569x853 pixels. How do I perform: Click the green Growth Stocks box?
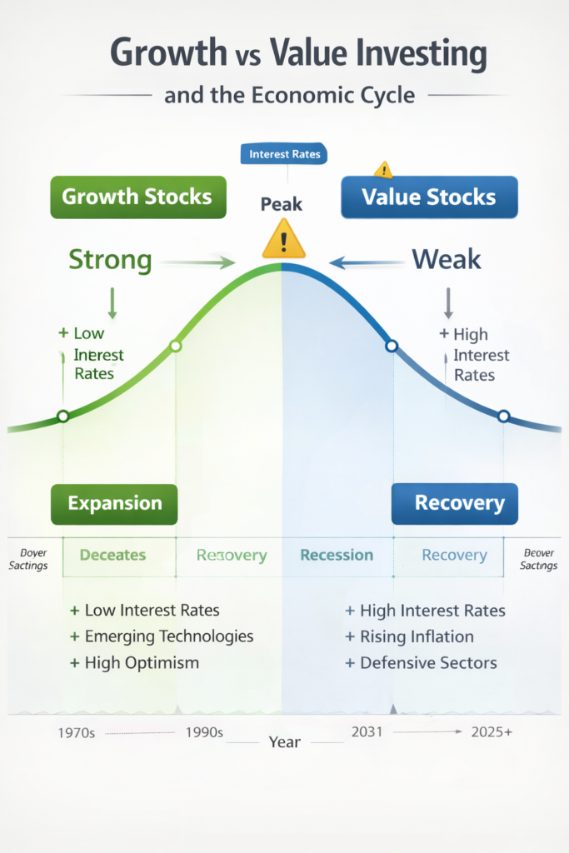pyautogui.click(x=137, y=197)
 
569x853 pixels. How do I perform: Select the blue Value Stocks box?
pyautogui.click(x=429, y=197)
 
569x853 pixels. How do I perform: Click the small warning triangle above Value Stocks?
pyautogui.click(x=383, y=170)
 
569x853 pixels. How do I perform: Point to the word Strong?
pyautogui.click(x=110, y=260)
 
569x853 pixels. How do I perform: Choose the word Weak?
pyautogui.click(x=447, y=260)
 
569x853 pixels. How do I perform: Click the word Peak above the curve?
pyautogui.click(x=281, y=204)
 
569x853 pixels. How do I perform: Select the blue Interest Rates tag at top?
pyautogui.click(x=284, y=154)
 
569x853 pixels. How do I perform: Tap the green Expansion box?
pyautogui.click(x=114, y=503)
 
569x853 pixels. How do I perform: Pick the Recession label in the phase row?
pyautogui.click(x=337, y=555)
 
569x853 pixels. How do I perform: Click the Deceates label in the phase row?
pyautogui.click(x=112, y=555)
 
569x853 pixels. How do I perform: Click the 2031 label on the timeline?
pyautogui.click(x=367, y=731)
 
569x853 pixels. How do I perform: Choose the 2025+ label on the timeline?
pyautogui.click(x=492, y=733)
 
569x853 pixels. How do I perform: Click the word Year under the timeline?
pyautogui.click(x=284, y=741)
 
